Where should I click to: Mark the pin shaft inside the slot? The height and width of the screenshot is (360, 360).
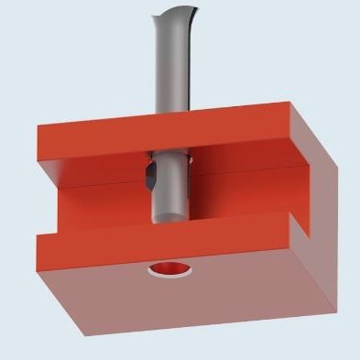[170, 188]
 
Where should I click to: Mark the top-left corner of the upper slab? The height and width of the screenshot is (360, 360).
[37, 125]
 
